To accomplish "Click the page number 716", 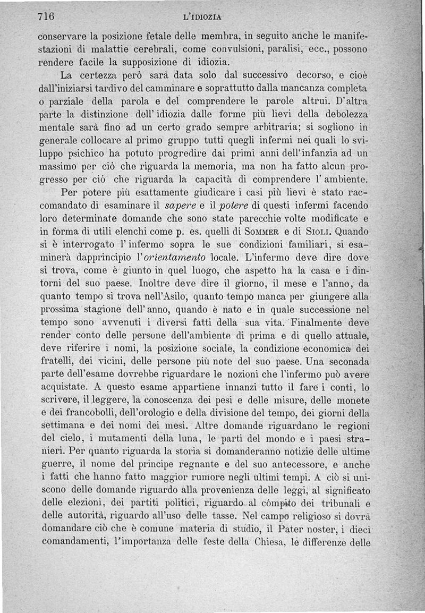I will [x=47, y=16].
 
